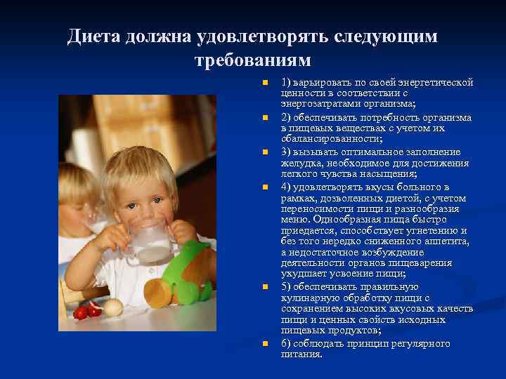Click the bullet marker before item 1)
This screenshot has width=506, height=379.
(x=265, y=84)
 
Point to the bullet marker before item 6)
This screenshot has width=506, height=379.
(x=265, y=344)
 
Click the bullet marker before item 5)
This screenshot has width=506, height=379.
(x=265, y=288)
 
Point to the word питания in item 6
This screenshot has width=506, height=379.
(x=301, y=354)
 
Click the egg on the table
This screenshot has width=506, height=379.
(x=112, y=306)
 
